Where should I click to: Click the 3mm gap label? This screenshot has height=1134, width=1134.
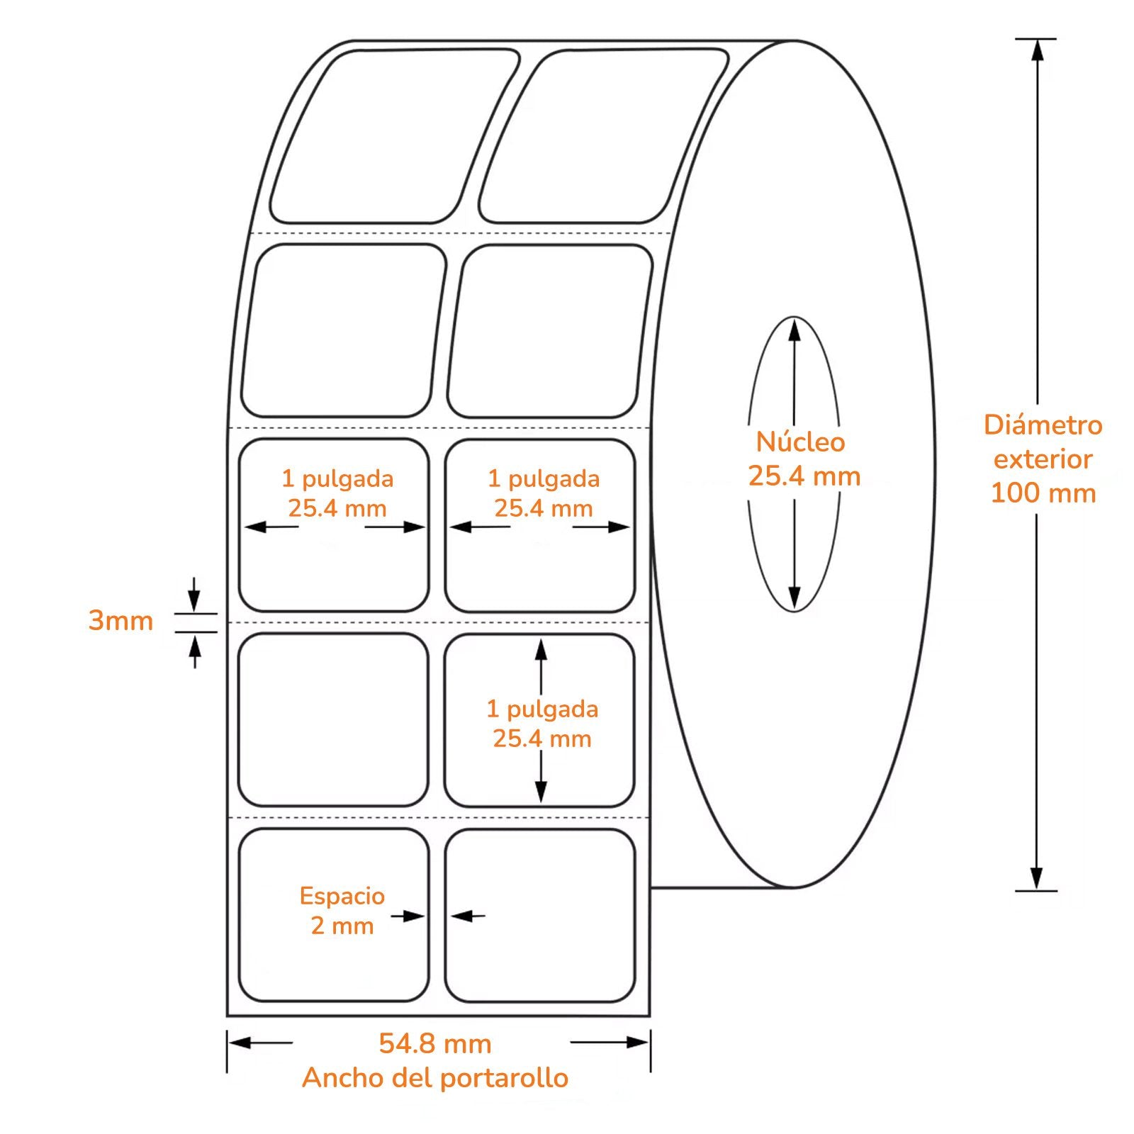[x=120, y=621]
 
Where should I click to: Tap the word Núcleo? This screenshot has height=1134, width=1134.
[x=800, y=442]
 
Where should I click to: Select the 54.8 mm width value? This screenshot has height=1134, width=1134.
[x=435, y=1043]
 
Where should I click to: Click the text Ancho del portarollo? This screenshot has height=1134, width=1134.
[x=435, y=1077]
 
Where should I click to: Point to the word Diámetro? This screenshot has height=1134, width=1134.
[x=1043, y=425]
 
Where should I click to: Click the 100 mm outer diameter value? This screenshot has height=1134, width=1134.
[x=1043, y=493]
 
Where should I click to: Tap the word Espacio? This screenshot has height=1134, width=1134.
[x=342, y=896]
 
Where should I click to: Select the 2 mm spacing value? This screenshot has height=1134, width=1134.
[x=342, y=926]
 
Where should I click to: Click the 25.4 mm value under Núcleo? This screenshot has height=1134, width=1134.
[x=804, y=476]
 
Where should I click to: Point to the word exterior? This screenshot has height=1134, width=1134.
[x=1043, y=459]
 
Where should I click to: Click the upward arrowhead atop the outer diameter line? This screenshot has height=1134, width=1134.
[x=1037, y=50]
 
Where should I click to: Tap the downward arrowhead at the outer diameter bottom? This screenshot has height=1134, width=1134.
[x=1037, y=879]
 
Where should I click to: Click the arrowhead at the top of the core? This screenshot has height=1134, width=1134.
[x=795, y=330]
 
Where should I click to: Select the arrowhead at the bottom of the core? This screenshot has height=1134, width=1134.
[x=795, y=597]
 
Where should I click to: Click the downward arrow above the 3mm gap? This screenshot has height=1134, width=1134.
[x=194, y=595]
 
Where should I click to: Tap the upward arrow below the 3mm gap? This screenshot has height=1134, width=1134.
[x=195, y=651]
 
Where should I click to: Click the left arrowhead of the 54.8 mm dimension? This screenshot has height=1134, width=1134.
[x=240, y=1043]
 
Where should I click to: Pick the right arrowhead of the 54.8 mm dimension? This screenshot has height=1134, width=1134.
[x=637, y=1042]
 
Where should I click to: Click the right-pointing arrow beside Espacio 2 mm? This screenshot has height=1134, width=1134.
[x=408, y=916]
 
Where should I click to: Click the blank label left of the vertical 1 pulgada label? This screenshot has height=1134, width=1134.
[x=333, y=720]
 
